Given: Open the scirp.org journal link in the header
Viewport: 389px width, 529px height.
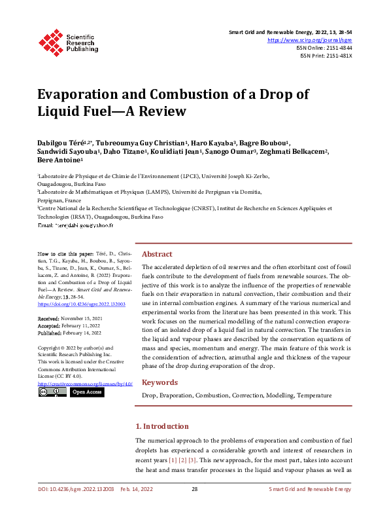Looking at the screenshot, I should pyautogui.click(x=310, y=40).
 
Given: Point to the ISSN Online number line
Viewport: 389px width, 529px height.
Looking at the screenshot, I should pyautogui.click(x=324, y=48).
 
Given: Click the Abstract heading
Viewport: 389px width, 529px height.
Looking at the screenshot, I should pyautogui.click(x=157, y=254).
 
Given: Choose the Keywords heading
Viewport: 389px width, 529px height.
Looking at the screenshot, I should pyautogui.click(x=160, y=382).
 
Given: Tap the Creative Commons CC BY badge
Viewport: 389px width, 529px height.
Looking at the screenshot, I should pyautogui.click(x=52, y=392).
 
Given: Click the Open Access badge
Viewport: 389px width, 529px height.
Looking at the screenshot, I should pyautogui.click(x=86, y=392).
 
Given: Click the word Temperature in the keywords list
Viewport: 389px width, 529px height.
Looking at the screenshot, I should pyautogui.click(x=314, y=395).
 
